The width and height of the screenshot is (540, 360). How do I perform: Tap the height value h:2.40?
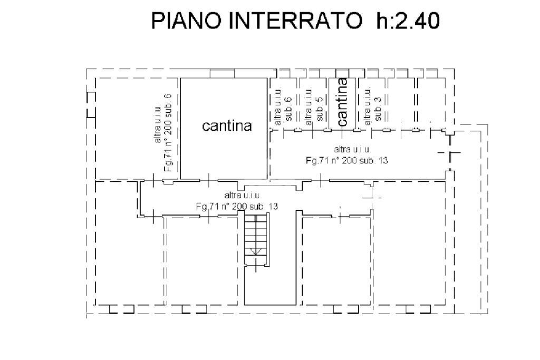click(408, 21)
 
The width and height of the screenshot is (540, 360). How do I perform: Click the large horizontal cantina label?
click(227, 126)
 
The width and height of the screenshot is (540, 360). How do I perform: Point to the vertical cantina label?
click(342, 102)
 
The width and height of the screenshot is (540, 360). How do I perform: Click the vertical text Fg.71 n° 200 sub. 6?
click(168, 132)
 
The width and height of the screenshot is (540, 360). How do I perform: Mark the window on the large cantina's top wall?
click(222, 73)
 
